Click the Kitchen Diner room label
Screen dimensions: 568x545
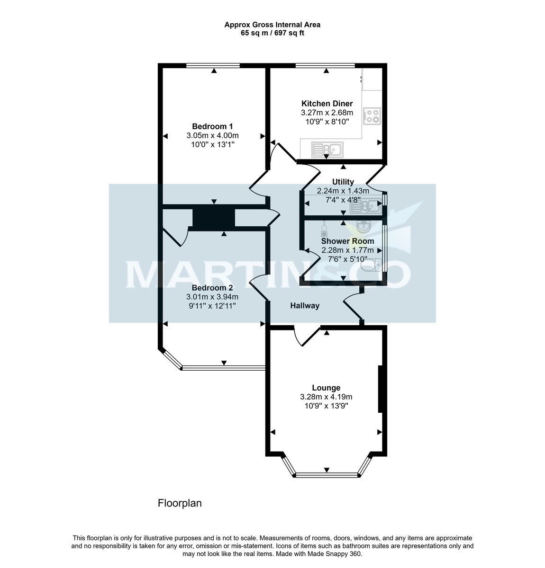pos(327,104)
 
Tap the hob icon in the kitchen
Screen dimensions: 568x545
pos(372,116)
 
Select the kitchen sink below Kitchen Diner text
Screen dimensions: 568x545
pos(328,150)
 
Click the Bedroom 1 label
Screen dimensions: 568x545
pos(212,126)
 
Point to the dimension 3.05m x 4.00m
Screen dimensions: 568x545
pos(212,135)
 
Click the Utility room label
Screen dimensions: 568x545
pos(343,182)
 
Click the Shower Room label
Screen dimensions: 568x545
pos(347,241)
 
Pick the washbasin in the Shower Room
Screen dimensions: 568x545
pos(363,228)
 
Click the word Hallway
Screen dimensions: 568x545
pos(305,306)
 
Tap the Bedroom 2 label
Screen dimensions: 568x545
pos(212,288)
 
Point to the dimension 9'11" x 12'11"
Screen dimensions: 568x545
pos(212,306)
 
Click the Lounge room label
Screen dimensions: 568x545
pos(326,388)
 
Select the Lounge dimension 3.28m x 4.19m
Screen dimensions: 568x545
pos(326,397)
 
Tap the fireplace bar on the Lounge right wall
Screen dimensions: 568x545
pos(380,389)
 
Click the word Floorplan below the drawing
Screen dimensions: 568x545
pos(180,503)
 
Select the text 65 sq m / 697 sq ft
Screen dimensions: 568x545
pos(272,33)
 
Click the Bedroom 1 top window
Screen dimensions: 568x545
pos(213,66)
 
